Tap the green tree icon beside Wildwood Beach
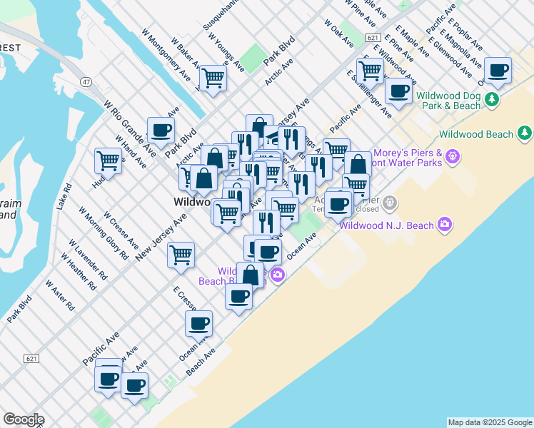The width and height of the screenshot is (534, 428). point(525,133)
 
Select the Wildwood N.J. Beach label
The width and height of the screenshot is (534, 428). point(387,226)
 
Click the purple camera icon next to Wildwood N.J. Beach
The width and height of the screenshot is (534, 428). point(445,225)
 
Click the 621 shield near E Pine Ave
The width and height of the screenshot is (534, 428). point(371,36)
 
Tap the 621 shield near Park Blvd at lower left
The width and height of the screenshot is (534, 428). point(30,358)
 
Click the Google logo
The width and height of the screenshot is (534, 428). point(24,419)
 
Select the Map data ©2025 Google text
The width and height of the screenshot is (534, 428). point(490,422)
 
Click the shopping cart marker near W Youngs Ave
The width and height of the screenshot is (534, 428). point(213,78)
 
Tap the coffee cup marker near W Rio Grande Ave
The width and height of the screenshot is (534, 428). point(161,130)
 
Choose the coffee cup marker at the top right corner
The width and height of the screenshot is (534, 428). point(498,70)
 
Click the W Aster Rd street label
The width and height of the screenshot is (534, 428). point(60,294)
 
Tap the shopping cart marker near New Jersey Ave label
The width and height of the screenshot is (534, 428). point(181,255)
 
